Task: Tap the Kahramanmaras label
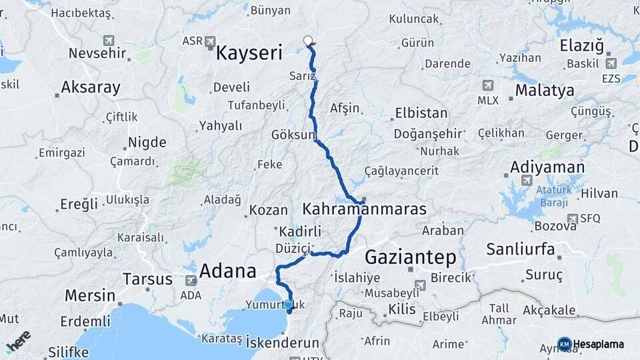(x=364, y=209)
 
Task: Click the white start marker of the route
(x=309, y=41)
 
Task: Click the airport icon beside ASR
(x=211, y=42)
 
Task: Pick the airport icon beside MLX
(x=488, y=85)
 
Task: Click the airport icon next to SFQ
(x=572, y=218)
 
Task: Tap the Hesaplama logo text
(x=597, y=344)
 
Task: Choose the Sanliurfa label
(x=521, y=249)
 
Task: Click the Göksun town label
(x=292, y=135)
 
